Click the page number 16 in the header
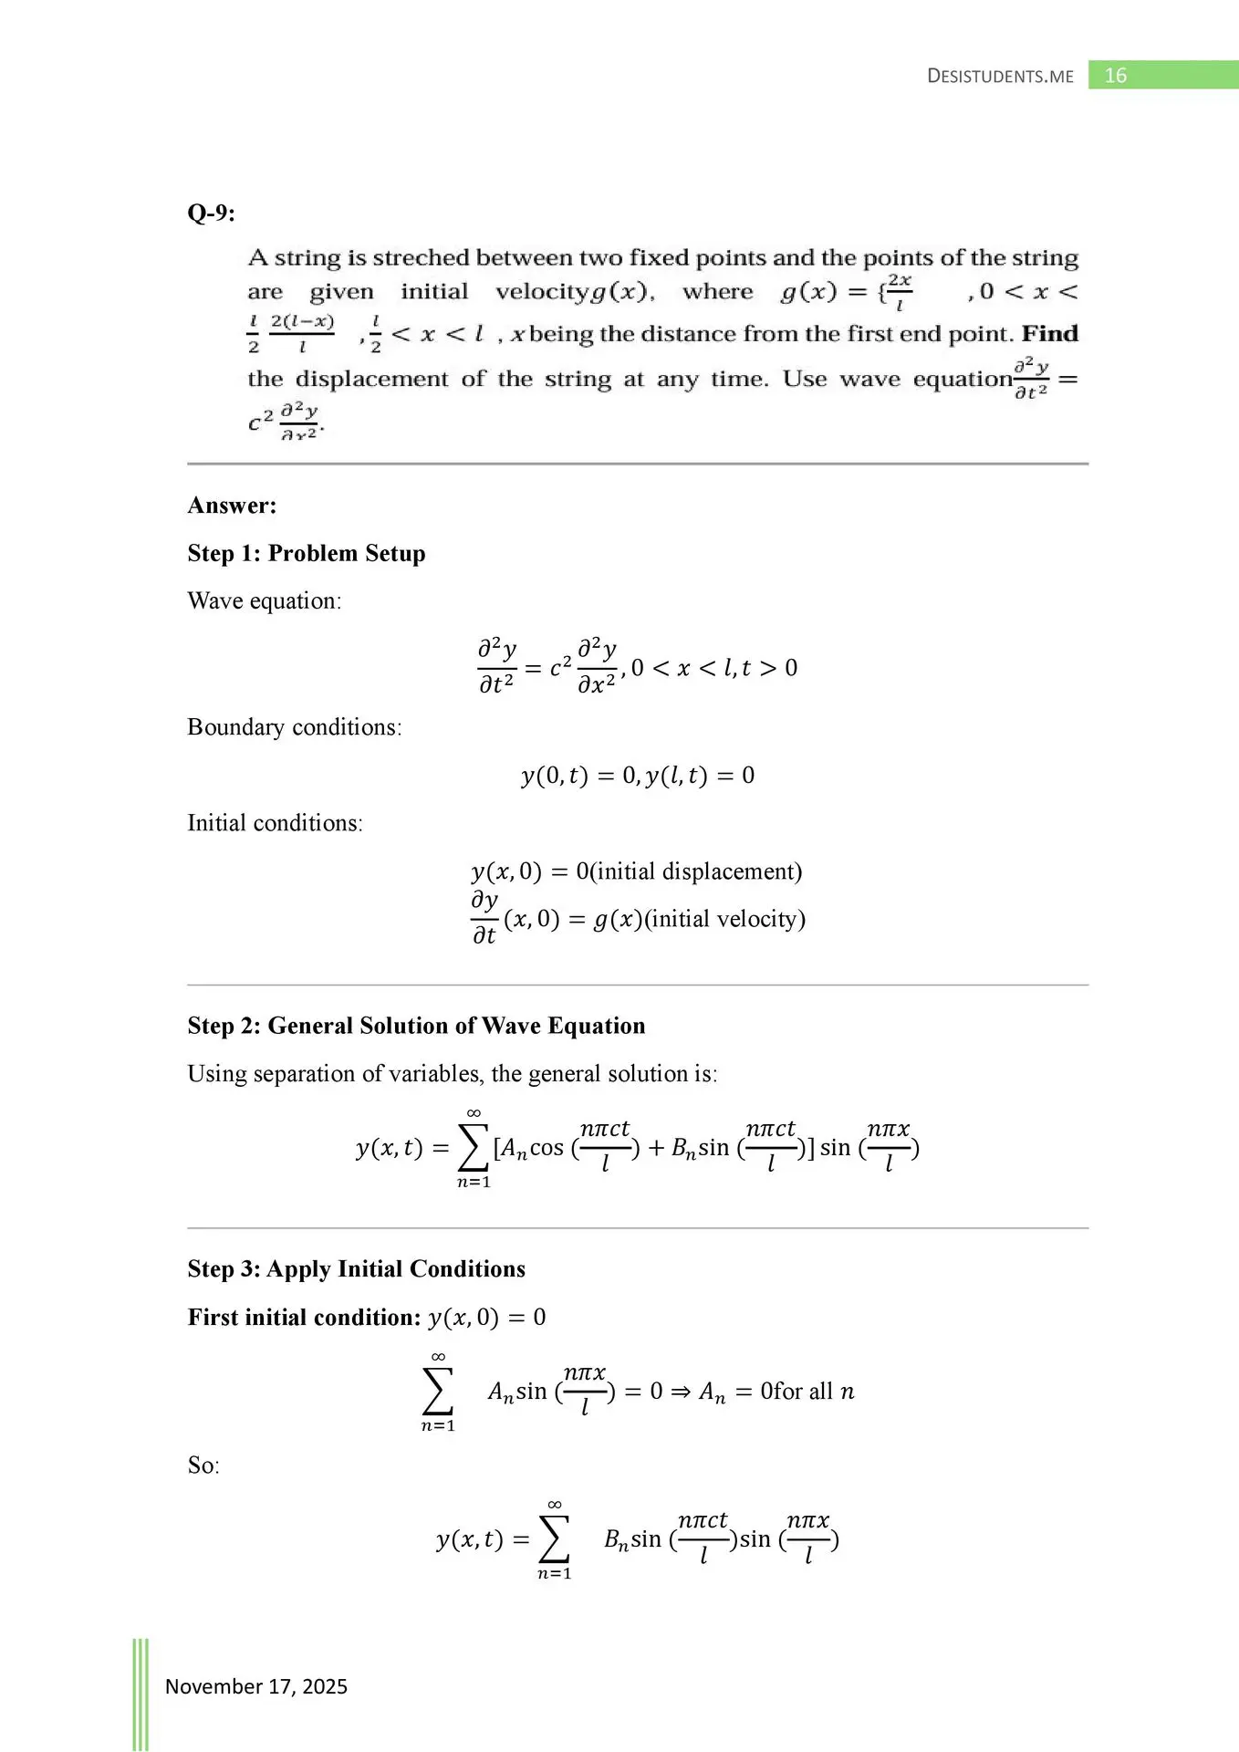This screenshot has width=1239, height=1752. [x=1115, y=76]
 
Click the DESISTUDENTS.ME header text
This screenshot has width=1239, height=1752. [x=1000, y=77]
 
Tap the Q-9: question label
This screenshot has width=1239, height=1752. [x=211, y=214]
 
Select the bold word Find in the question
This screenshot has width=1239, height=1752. [x=1049, y=334]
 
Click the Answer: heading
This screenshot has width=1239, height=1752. [x=232, y=506]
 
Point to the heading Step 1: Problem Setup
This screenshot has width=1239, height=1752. [x=307, y=554]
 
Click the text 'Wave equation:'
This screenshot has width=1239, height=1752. [x=264, y=601]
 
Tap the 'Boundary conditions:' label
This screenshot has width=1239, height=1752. [x=294, y=727]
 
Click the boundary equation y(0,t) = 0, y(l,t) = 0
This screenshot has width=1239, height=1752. [x=638, y=776]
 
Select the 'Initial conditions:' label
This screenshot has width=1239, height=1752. [x=275, y=823]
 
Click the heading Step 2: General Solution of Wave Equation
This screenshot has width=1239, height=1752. [x=416, y=1026]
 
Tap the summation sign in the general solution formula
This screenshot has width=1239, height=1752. [x=473, y=1148]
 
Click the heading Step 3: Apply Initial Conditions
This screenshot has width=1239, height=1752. [x=356, y=1269]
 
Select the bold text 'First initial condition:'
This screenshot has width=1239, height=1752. [x=304, y=1318]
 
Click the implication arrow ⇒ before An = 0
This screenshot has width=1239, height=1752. [x=681, y=1392]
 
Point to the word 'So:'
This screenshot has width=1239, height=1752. [x=203, y=1465]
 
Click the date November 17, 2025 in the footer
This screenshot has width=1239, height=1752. [x=255, y=1686]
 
